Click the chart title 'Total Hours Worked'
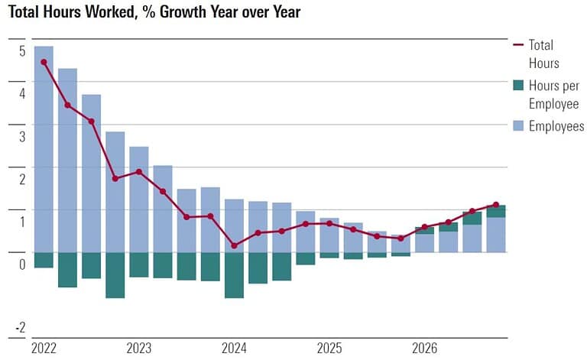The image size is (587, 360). click(154, 11)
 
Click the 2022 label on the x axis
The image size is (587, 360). click(44, 349)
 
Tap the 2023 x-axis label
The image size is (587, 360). click(139, 349)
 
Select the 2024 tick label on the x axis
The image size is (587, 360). click(234, 349)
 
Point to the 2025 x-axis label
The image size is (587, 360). click(329, 349)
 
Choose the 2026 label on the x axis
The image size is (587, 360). click(424, 349)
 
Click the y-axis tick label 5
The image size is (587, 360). click(22, 51)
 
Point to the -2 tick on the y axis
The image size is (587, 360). click(20, 328)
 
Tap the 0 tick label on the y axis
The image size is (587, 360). click(22, 264)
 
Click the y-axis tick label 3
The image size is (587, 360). click(22, 137)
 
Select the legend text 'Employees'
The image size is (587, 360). click(556, 126)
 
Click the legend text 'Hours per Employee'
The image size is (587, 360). click(553, 95)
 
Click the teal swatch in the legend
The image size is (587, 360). click(517, 86)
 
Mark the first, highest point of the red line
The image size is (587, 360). click(44, 62)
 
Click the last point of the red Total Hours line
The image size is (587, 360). click(496, 204)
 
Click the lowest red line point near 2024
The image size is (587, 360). click(234, 245)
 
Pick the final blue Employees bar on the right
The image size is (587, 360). click(496, 235)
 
